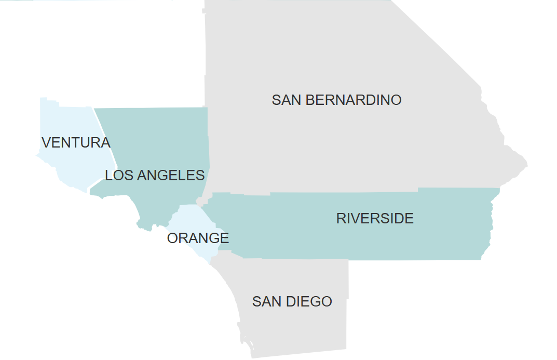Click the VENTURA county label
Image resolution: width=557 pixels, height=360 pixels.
(76, 142)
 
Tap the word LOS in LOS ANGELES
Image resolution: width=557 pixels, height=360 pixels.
(116, 176)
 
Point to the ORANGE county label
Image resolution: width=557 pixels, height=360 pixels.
(198, 238)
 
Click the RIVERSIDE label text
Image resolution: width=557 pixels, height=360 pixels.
(375, 219)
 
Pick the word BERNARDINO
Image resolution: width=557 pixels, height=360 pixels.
(354, 100)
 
